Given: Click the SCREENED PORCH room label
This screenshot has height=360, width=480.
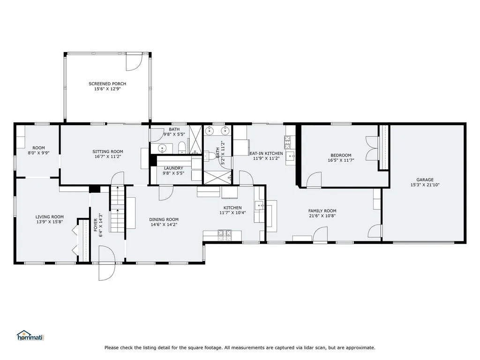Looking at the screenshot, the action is tap(107, 83).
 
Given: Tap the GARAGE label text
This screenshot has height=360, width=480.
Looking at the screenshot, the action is tap(425, 180).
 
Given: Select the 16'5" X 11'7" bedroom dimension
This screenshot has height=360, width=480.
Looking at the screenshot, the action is tap(341, 160).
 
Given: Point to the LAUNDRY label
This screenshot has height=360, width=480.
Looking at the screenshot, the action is tap(173, 168).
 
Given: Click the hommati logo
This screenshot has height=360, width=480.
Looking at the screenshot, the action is tap(30, 336).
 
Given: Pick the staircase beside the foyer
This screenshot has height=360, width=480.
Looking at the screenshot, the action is tap(117, 209).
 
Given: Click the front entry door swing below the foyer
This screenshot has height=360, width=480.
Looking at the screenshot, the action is tap(106, 263).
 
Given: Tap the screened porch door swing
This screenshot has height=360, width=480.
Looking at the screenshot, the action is tap(134, 62).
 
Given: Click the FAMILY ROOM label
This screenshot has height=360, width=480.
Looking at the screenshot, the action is tap(322, 210).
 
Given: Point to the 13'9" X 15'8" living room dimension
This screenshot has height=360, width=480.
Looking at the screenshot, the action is tap(50, 222).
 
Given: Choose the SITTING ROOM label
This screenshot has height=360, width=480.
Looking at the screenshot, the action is tap(108, 151).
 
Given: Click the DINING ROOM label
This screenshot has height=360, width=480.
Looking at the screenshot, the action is tap(164, 219).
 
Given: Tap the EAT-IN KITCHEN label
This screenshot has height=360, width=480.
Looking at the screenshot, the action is tap(266, 153).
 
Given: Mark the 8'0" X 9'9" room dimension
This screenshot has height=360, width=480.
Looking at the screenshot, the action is tap(38, 153).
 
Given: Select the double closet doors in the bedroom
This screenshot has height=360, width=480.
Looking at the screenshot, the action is tap(372, 148).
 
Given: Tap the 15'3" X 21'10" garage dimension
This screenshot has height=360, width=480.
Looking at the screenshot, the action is tap(425, 185).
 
